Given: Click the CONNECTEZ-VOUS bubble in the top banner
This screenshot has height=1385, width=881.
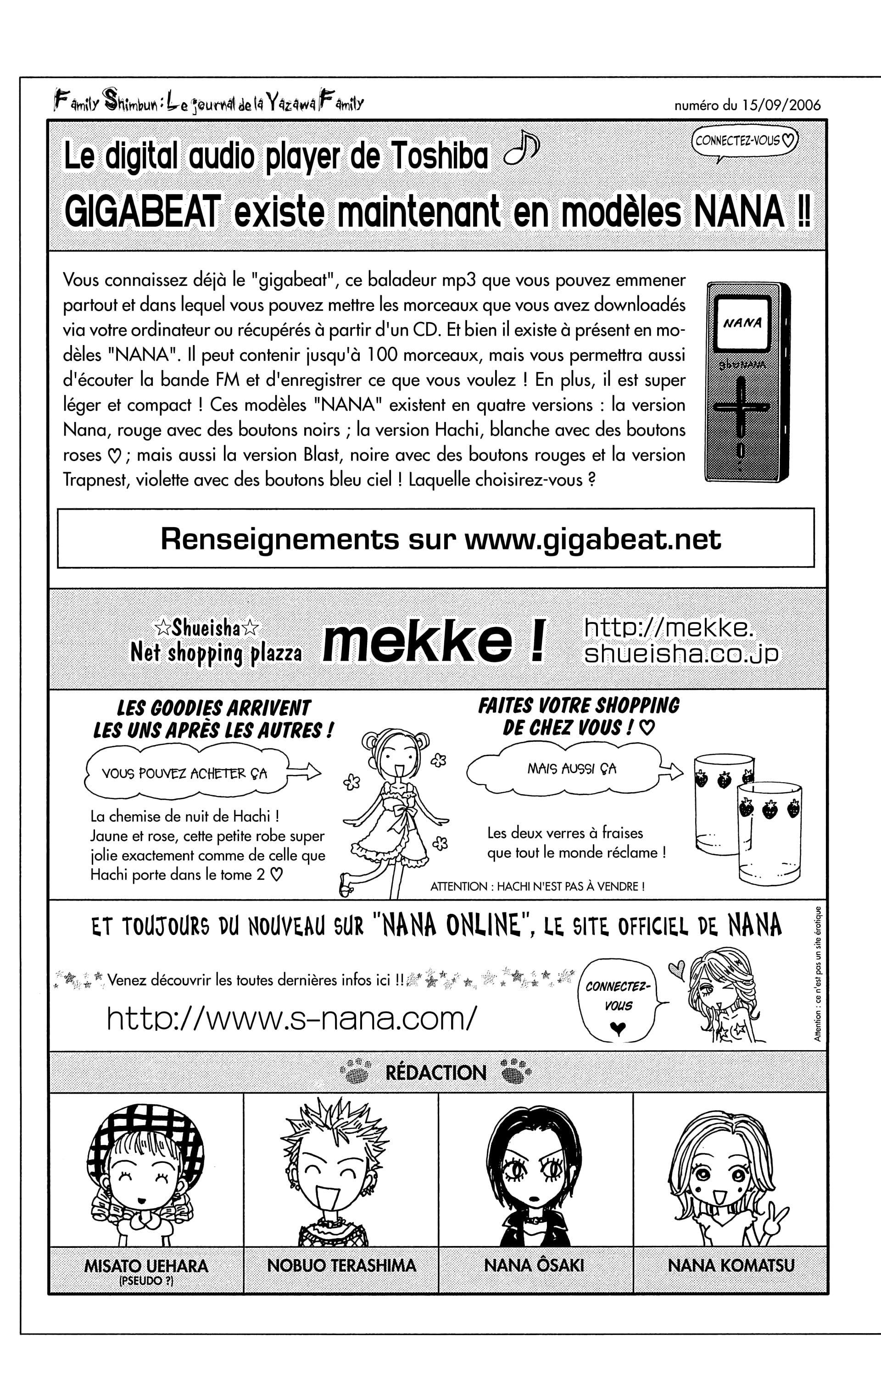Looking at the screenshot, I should pos(745,141).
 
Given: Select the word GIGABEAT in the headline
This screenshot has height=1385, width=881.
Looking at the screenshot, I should pos(142,211).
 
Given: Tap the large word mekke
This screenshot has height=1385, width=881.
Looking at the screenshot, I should pos(417,642).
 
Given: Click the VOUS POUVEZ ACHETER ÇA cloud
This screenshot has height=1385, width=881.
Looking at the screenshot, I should pos(184,773).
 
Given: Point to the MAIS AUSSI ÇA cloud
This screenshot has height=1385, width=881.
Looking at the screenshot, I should pos(571,768).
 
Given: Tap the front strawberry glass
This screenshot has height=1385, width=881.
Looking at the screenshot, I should pos(770,834).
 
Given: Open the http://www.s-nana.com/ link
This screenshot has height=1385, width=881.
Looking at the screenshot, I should pos(292,1018).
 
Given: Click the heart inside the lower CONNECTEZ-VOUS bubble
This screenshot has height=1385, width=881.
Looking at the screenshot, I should pos(618,1027).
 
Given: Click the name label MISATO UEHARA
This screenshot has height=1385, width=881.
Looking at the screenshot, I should pos(146,1266).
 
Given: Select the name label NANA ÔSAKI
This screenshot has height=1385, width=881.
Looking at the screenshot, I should pos(534,1265).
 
